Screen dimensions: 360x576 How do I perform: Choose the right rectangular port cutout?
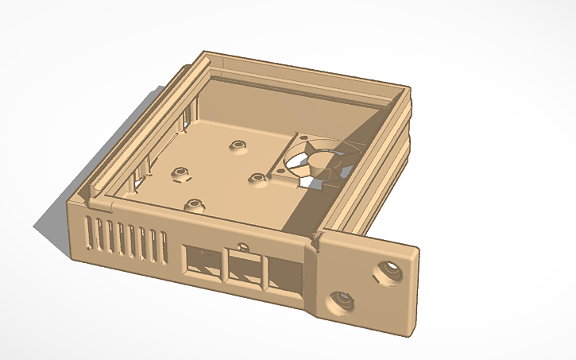286,278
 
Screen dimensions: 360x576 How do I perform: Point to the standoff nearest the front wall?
193,205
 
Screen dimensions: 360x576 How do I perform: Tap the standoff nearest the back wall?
236,146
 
